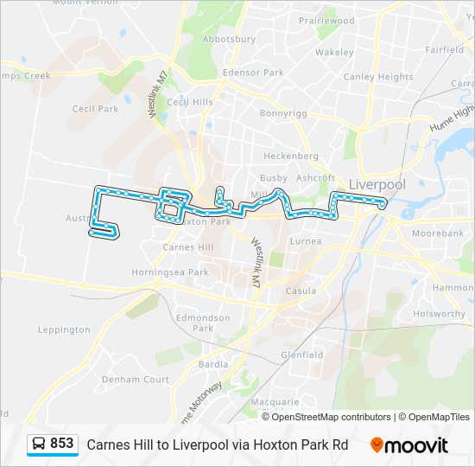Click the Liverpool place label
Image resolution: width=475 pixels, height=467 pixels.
(377, 184)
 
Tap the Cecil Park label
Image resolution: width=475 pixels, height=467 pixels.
(95, 109)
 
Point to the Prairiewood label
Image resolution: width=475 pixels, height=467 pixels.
(326, 20)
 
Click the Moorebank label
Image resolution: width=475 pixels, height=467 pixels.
(438, 233)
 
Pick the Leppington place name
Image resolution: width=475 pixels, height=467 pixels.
(64, 329)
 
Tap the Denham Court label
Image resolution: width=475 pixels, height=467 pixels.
(136, 380)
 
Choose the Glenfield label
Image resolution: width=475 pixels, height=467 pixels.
(301, 355)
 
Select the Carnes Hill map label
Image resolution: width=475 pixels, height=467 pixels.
(188, 246)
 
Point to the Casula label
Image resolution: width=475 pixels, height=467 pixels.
(301, 291)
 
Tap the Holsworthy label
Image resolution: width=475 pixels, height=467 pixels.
(439, 314)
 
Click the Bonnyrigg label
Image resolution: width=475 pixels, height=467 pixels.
(283, 112)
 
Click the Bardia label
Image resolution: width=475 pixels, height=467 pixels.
(213, 364)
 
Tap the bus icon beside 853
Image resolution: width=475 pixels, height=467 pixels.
(38, 445)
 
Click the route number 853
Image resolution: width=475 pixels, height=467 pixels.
(62, 444)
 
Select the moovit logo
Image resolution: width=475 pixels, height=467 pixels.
(409, 445)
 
